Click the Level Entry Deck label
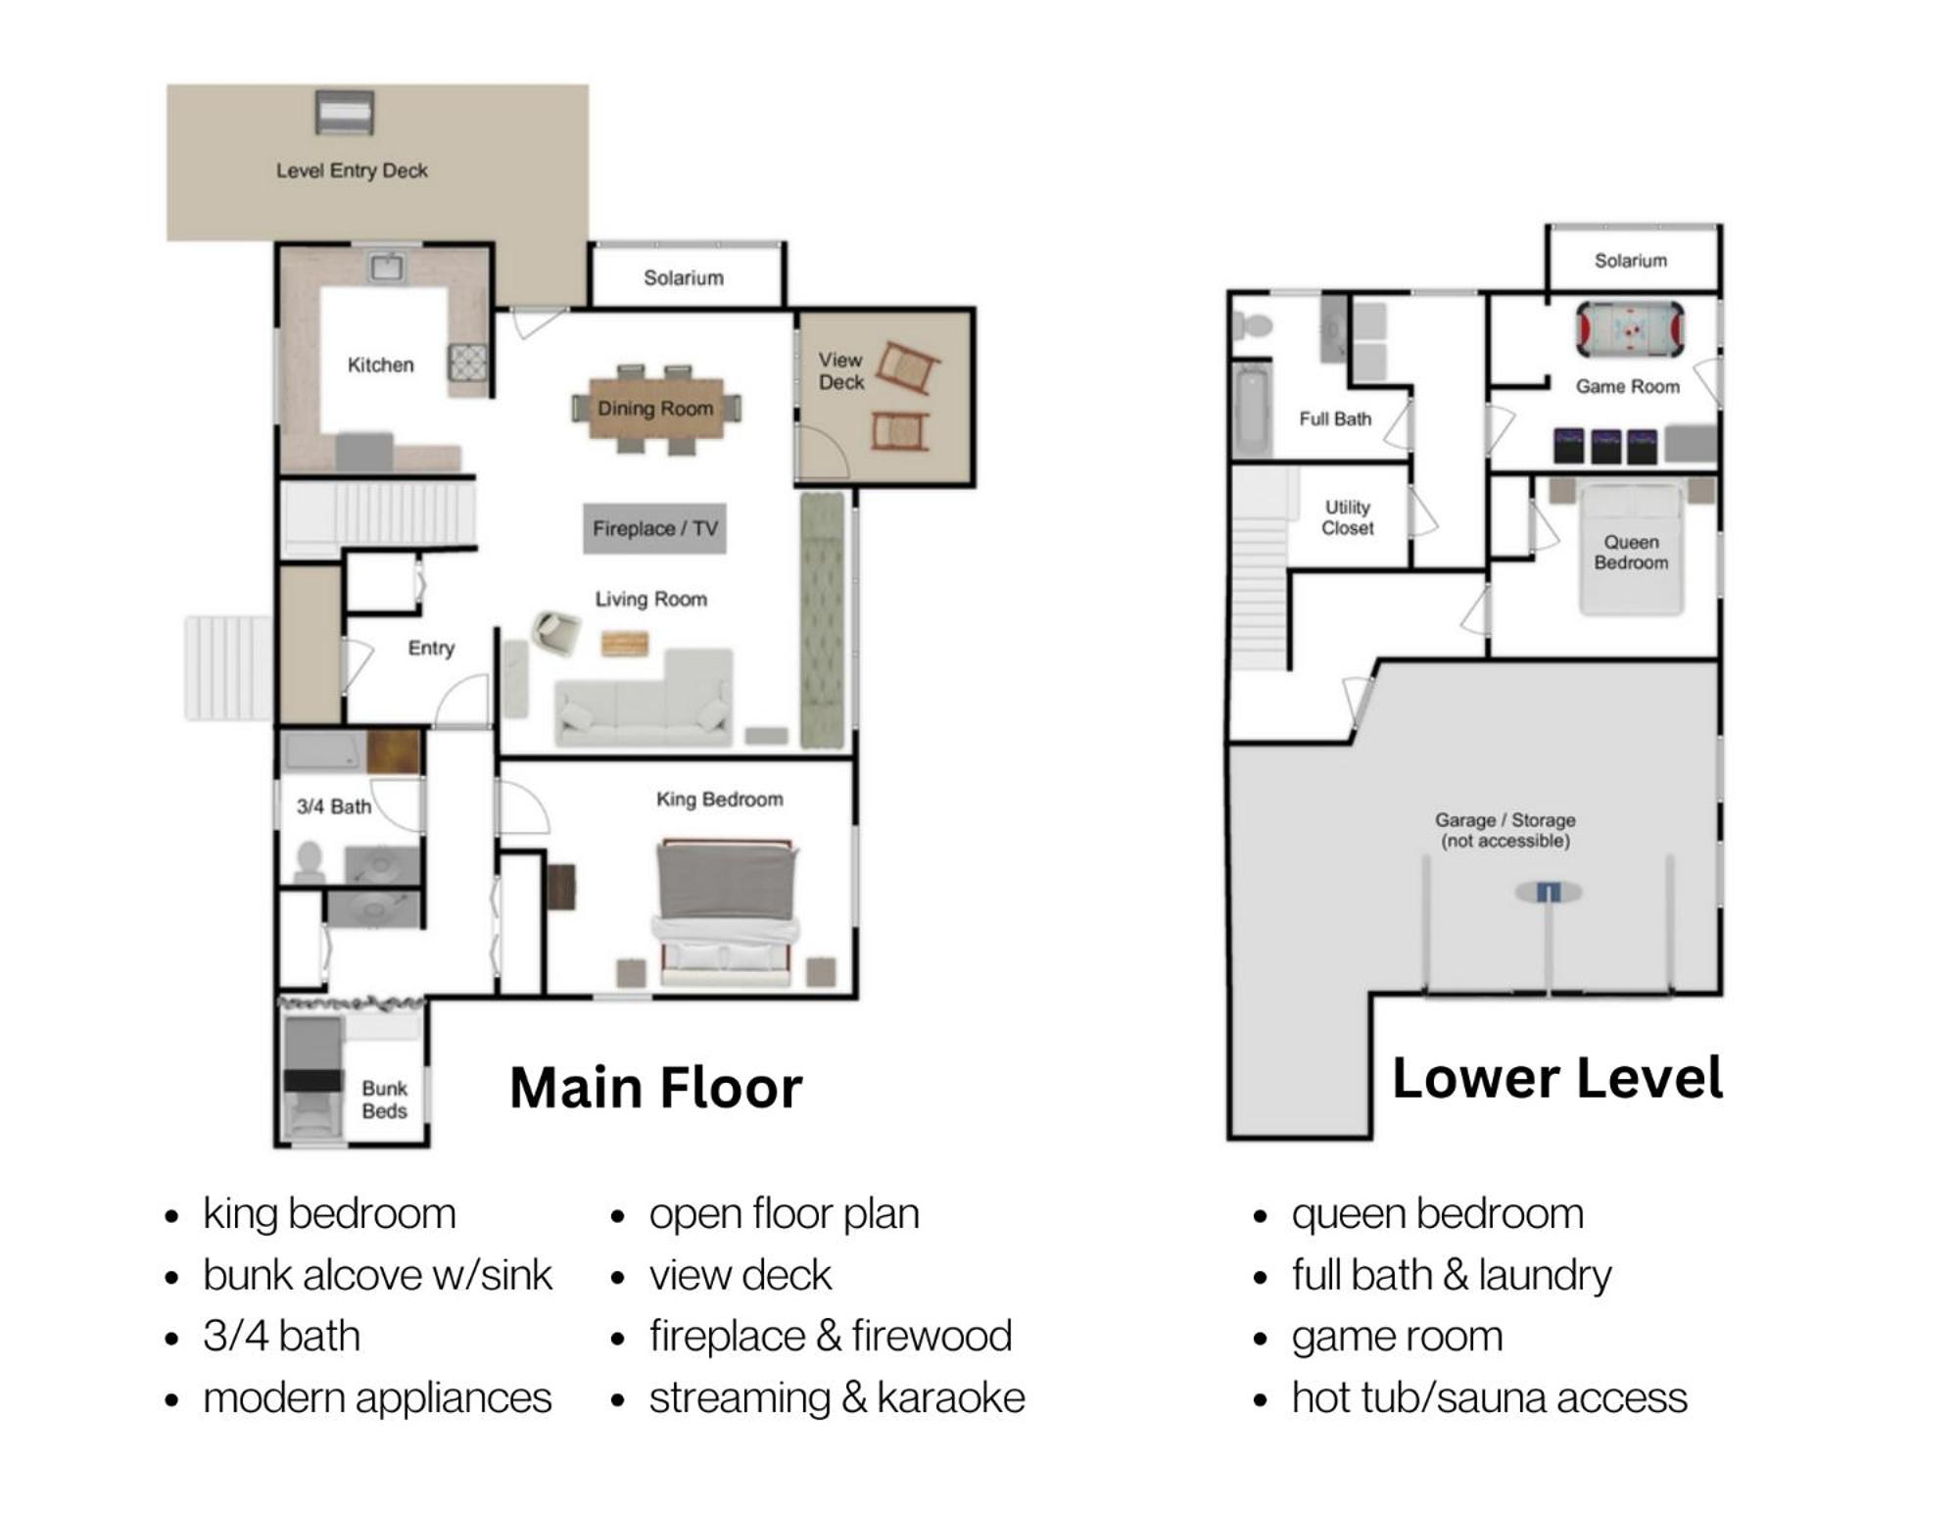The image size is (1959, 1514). pos(352,171)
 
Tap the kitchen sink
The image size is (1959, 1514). pos(386,267)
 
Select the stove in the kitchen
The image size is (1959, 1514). pos(467,363)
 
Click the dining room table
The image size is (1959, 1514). pos(656,409)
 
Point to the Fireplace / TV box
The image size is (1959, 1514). pos(655,529)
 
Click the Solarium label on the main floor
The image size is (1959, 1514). pos(684,278)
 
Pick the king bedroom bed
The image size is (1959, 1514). pos(725,911)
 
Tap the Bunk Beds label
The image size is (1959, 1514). pos(384,1099)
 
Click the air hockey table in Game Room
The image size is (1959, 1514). pos(1630,329)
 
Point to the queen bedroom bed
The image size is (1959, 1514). pos(1631,550)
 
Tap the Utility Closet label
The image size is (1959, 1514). pos(1348,517)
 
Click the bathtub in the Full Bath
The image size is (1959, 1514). pos(1251,411)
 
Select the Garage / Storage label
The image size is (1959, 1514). pos(1505,830)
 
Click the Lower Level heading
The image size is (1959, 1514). pos(1557,1078)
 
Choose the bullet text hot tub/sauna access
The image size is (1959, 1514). pos(1489,1397)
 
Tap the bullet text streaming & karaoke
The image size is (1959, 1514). pos(836,1397)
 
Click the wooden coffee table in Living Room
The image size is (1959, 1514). pos(625,644)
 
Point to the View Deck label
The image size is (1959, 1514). pos(841,371)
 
